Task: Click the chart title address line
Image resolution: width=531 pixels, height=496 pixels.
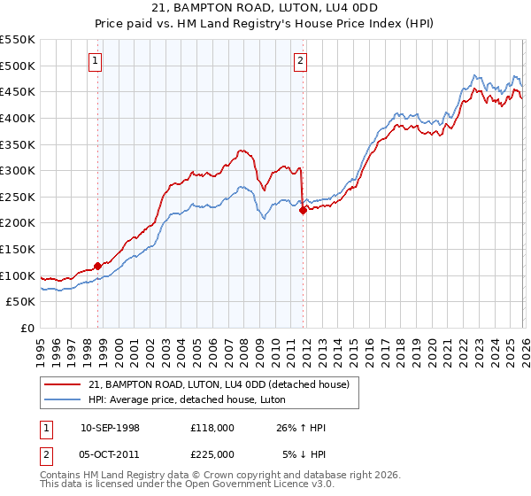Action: pyautogui.click(x=265, y=8)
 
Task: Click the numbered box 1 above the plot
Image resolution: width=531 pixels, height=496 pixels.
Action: pyautogui.click(x=95, y=61)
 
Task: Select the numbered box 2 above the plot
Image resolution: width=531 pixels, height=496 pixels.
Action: pyautogui.click(x=301, y=61)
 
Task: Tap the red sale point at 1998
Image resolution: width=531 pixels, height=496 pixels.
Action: pyautogui.click(x=97, y=265)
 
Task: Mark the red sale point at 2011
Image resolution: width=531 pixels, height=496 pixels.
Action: pyautogui.click(x=303, y=210)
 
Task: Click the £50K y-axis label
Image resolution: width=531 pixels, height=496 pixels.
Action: pyautogui.click(x=21, y=302)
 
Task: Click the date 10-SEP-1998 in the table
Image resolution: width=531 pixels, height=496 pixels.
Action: pyautogui.click(x=110, y=428)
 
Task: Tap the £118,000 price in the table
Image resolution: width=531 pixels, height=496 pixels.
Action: pyautogui.click(x=212, y=428)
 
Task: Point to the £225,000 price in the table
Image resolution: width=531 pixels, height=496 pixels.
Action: pyautogui.click(x=212, y=453)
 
